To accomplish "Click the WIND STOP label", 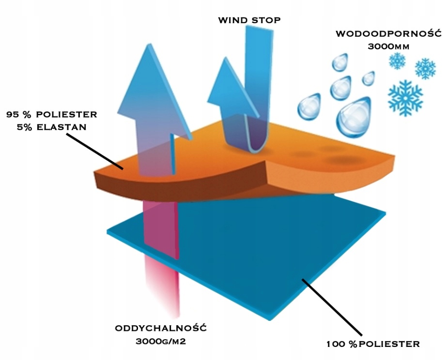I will click(x=249, y=20).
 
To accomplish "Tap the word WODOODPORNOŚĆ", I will click(x=387, y=34).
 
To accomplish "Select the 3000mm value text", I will click(x=387, y=47).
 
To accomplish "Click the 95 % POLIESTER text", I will click(x=51, y=115).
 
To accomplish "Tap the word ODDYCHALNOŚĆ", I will click(x=161, y=328).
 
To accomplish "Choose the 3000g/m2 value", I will click(x=161, y=341).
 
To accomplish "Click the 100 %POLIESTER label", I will click(x=373, y=344).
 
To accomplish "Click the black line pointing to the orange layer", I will click(x=92, y=150).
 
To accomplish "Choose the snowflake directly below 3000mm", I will click(x=398, y=60).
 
